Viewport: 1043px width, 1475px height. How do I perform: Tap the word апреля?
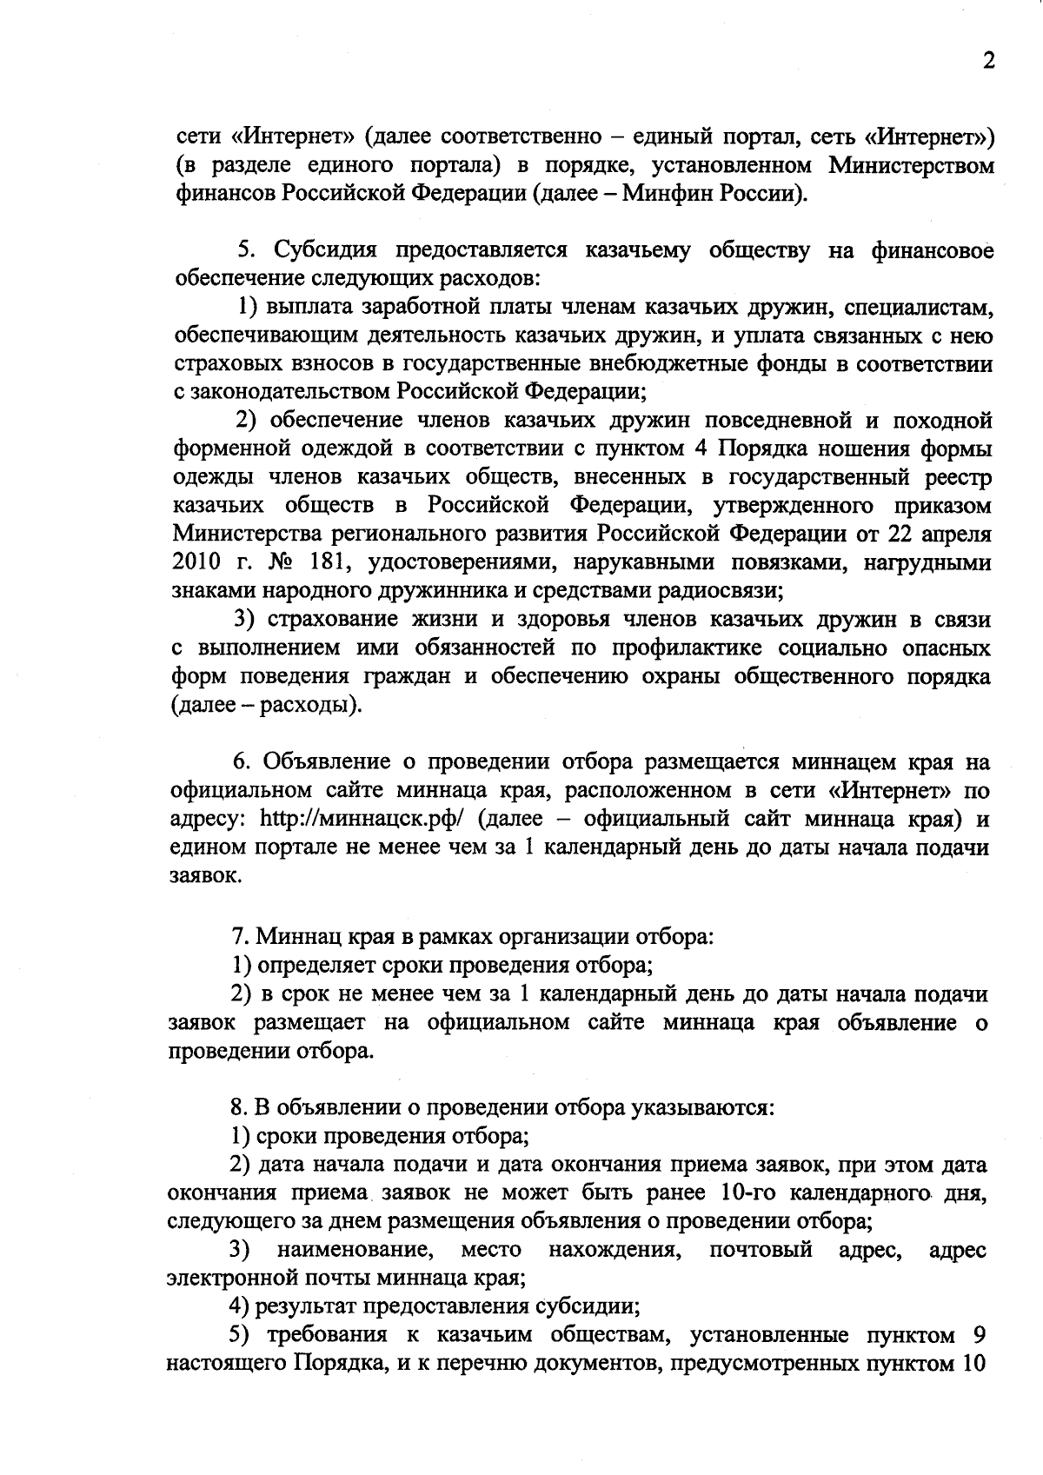pos(955,534)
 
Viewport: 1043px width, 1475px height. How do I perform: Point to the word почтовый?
pos(760,1250)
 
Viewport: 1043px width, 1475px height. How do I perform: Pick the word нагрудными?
pos(927,562)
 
